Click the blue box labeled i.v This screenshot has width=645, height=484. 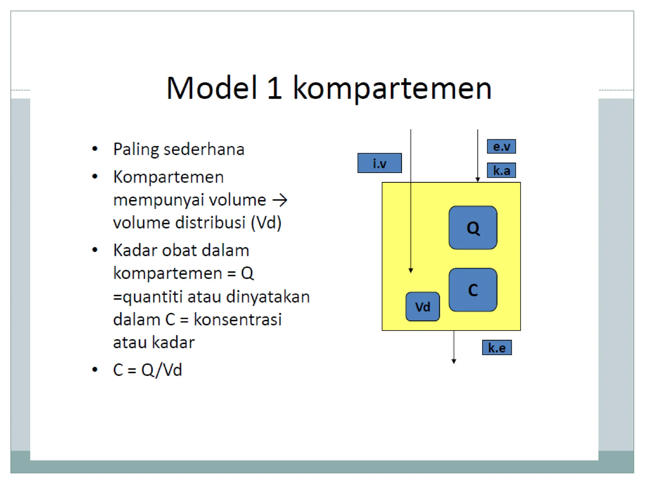click(380, 163)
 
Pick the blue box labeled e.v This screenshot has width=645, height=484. click(501, 147)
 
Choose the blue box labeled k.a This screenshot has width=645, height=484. click(501, 170)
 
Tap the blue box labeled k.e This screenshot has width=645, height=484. click(497, 348)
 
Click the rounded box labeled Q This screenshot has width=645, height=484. click(473, 228)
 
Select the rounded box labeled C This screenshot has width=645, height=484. click(473, 290)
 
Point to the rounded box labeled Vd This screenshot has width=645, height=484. click(422, 307)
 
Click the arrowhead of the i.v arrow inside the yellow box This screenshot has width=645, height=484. click(411, 270)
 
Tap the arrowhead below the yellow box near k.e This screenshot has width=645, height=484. click(454, 361)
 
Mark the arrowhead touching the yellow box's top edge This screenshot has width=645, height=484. click(478, 180)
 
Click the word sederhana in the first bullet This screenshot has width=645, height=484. click(204, 149)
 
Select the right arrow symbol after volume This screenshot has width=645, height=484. click(280, 200)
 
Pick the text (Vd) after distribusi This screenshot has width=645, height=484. click(266, 223)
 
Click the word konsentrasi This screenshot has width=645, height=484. click(237, 320)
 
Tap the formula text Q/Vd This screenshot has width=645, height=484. click(162, 370)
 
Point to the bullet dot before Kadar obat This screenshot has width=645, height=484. click(95, 250)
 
